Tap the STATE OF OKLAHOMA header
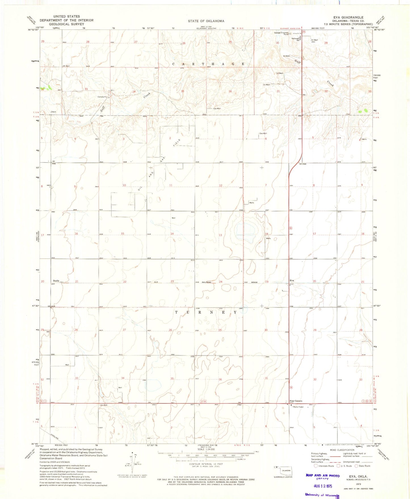[x=206, y=21]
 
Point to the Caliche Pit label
[x=102, y=97]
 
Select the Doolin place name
[x=56, y=281]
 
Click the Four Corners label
[x=296, y=401]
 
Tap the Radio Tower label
[x=298, y=407]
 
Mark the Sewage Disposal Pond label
[x=281, y=33]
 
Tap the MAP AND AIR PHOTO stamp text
[x=322, y=475]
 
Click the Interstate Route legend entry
[x=324, y=466]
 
